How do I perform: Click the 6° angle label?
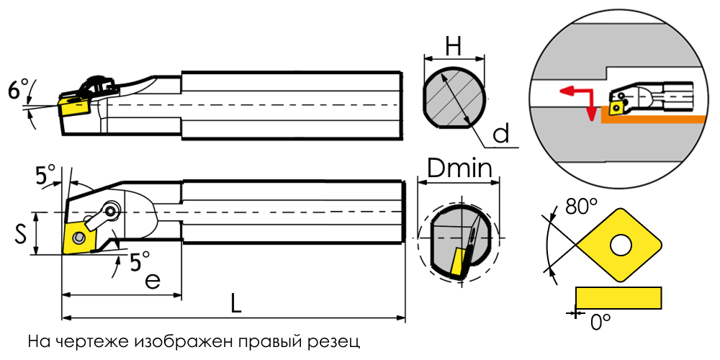(x=19, y=89)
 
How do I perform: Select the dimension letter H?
(x=453, y=46)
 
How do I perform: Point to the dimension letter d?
(x=500, y=134)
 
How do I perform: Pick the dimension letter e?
(x=153, y=281)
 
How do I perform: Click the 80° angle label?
(x=581, y=208)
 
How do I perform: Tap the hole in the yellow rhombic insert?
(x=621, y=246)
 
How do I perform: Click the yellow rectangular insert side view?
(x=618, y=297)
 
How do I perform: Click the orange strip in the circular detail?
(x=652, y=120)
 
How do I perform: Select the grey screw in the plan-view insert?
(x=80, y=238)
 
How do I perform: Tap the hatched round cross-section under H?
(x=454, y=97)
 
